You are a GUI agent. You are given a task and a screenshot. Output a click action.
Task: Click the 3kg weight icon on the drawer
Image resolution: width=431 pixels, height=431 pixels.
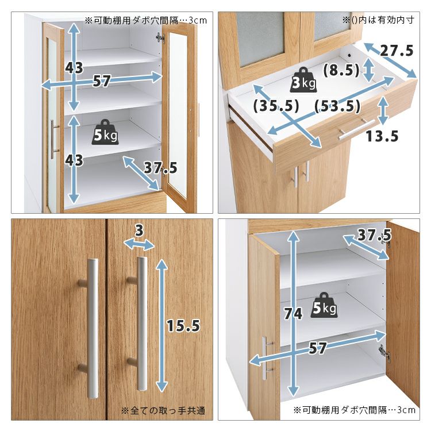303,80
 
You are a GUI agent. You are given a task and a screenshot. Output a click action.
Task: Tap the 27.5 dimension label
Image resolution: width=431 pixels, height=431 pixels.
397,51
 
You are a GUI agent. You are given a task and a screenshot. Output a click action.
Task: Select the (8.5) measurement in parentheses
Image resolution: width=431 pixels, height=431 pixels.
341,70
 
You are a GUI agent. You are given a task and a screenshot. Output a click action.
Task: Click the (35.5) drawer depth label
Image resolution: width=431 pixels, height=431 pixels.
276,106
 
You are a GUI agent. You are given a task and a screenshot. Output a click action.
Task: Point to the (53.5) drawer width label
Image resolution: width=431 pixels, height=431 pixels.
337,106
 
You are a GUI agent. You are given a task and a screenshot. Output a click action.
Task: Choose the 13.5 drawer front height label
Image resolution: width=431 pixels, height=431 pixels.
382,136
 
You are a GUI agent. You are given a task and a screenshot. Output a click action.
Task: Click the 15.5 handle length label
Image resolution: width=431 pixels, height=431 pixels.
183,326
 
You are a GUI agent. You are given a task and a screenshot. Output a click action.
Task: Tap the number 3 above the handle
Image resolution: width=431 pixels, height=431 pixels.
140,230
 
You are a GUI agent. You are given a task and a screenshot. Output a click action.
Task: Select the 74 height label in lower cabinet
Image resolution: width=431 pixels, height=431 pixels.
293,314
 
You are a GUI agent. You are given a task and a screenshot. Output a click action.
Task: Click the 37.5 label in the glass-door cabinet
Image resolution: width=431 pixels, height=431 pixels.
160,168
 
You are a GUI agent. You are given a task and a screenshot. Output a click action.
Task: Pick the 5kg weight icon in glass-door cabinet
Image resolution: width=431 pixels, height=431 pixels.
105,132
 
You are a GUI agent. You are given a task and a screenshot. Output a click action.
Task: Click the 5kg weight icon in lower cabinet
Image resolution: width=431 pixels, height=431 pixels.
324,305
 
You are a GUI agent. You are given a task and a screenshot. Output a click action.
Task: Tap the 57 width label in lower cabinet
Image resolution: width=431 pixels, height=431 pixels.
317,348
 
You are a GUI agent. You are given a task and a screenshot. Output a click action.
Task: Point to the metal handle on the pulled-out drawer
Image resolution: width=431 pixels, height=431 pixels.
356,129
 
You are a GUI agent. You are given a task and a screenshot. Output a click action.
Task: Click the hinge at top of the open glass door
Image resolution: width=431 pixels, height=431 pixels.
160,38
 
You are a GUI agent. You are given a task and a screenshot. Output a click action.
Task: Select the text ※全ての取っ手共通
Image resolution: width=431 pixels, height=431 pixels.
163,411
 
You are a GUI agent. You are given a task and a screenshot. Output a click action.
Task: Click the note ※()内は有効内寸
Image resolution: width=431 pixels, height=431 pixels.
378,20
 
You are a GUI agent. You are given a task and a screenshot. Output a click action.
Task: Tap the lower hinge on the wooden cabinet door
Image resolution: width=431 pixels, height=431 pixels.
384,352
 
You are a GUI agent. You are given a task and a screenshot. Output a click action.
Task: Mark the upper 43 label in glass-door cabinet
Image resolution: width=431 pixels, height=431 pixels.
74,68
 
